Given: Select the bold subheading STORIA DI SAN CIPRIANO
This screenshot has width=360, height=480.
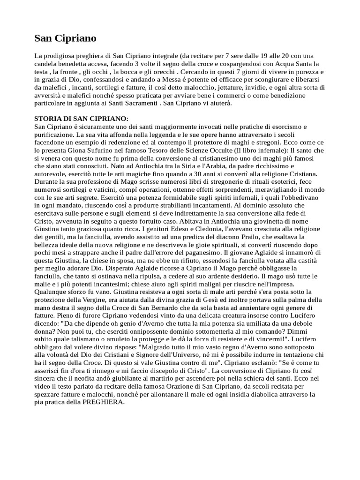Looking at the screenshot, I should [x=82, y=119].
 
